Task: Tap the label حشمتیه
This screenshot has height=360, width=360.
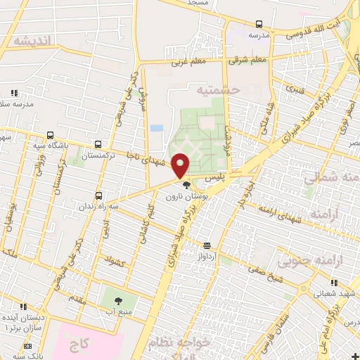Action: point(218,90)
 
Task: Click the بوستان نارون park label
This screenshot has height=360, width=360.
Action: point(185,198)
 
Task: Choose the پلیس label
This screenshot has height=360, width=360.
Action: point(222,179)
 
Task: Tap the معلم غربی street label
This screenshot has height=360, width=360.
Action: point(187,62)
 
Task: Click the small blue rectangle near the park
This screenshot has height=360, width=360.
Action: point(156,128)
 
